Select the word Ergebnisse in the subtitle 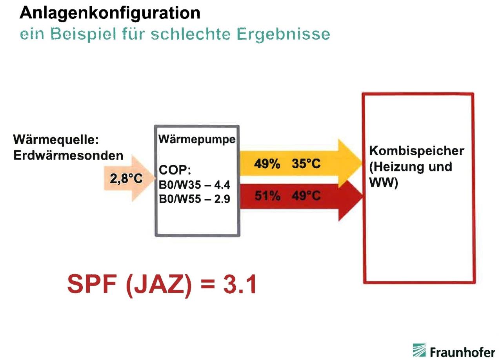point(283,35)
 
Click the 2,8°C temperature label point(126,179)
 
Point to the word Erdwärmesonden point(68,155)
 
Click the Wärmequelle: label point(56,140)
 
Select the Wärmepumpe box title point(197,140)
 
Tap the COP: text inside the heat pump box point(175,170)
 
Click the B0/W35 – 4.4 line point(194,185)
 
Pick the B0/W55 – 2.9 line point(194,199)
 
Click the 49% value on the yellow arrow point(267,164)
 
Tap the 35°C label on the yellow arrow point(306,164)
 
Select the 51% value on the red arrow point(267,196)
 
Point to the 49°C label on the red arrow point(306,196)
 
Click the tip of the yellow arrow point(362,163)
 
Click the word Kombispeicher point(417,151)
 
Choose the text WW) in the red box point(384,182)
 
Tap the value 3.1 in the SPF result point(240,284)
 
